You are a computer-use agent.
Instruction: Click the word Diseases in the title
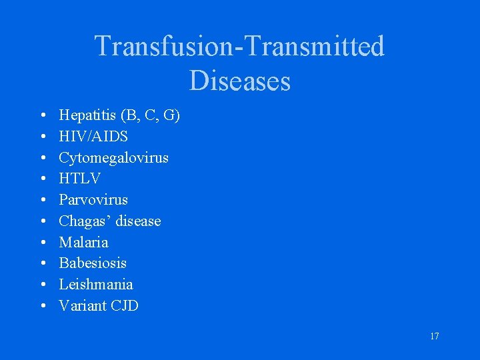[x=239, y=81]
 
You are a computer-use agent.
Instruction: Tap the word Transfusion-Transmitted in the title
[x=239, y=47]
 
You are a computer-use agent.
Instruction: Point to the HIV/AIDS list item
[x=93, y=137]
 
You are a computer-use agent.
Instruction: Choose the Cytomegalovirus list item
[x=113, y=158]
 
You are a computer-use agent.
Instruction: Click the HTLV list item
[x=79, y=179]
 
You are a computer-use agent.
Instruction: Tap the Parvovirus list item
[x=93, y=200]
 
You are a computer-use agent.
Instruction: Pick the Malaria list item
[x=83, y=242]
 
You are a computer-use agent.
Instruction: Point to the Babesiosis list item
[x=93, y=263]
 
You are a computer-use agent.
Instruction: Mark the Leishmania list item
[x=95, y=284]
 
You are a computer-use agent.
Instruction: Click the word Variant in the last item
[x=81, y=305]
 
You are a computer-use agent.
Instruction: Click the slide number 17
[x=434, y=336]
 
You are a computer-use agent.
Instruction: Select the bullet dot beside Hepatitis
[x=43, y=117]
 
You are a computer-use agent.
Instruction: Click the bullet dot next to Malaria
[x=43, y=243]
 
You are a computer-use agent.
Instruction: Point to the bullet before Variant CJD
[x=43, y=306]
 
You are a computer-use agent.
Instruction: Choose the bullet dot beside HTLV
[x=43, y=179]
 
